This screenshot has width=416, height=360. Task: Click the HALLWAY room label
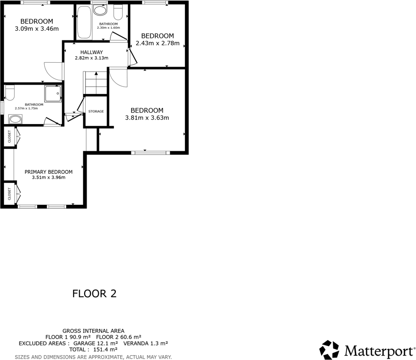click(x=91, y=52)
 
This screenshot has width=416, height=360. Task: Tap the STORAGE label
click(x=96, y=111)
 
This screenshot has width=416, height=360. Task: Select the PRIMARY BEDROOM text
click(x=49, y=172)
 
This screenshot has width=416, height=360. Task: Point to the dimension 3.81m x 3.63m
click(x=146, y=118)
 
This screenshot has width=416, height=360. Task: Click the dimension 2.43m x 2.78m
click(x=157, y=43)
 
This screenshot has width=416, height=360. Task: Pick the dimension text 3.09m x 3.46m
click(x=36, y=29)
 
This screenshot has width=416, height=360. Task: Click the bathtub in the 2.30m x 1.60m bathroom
click(x=84, y=22)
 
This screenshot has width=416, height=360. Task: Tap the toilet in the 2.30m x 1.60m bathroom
click(x=118, y=11)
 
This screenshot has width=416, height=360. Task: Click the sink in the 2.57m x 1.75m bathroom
click(x=15, y=120)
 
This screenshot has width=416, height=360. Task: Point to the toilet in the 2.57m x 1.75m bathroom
click(x=11, y=92)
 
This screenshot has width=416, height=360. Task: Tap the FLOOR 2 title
click(x=94, y=294)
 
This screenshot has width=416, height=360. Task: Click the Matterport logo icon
click(x=329, y=350)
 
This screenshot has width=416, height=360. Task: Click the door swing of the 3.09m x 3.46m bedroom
click(x=53, y=72)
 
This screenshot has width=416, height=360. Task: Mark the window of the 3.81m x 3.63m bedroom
click(x=150, y=153)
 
